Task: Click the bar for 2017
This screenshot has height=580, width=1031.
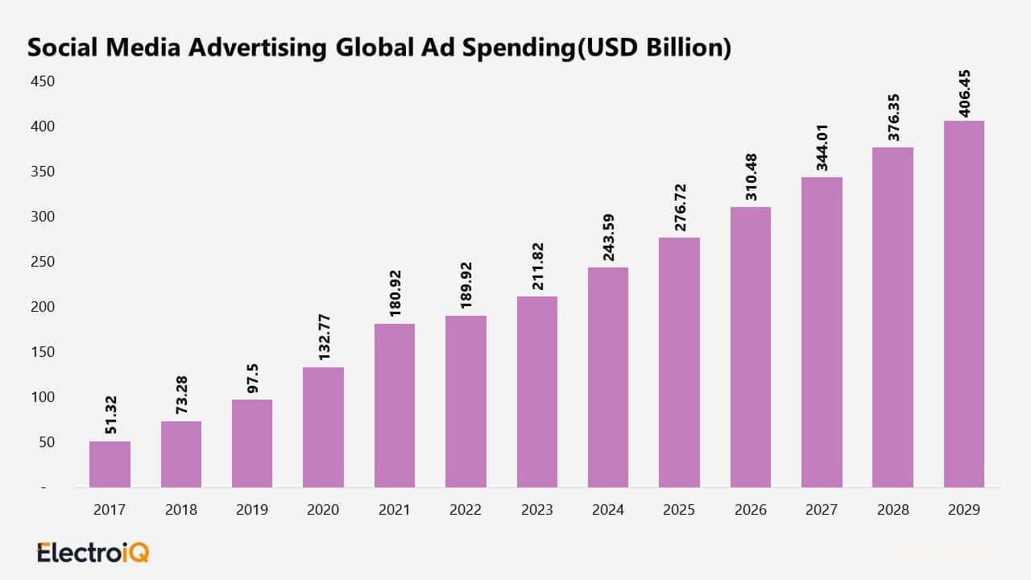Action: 110,464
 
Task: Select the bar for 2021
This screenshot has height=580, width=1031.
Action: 395,405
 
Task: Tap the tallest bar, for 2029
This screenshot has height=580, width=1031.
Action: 964,304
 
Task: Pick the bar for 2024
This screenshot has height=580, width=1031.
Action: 608,377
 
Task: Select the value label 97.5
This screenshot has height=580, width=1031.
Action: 253,375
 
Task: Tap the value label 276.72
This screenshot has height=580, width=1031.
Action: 680,207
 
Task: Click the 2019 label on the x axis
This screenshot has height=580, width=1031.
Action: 252,510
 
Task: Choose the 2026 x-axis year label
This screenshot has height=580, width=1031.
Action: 751,510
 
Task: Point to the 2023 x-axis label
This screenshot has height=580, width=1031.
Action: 537,510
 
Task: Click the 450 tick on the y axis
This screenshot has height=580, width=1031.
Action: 43,81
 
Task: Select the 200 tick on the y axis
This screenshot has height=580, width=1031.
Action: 43,307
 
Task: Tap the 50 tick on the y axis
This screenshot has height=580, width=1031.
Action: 46,442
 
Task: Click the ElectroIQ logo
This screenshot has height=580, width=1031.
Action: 93,553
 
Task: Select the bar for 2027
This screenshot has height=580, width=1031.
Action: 822,332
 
